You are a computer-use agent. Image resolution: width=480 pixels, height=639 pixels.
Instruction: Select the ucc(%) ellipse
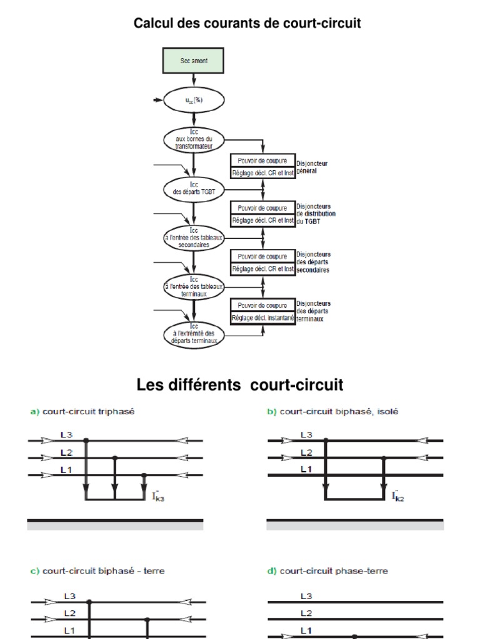click(x=194, y=100)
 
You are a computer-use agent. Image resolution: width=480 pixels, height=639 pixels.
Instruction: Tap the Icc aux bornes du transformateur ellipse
click(x=194, y=139)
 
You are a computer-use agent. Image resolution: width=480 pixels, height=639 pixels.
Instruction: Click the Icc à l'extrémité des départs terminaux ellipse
click(x=194, y=334)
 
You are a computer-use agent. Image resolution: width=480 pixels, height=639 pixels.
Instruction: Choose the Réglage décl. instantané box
click(x=262, y=317)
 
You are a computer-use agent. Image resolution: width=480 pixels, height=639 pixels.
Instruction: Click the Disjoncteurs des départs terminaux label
click(x=314, y=311)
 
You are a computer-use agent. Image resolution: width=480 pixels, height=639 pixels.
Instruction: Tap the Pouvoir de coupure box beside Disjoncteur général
click(x=262, y=160)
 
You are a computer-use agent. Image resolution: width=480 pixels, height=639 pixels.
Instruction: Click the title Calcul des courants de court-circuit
click(x=247, y=24)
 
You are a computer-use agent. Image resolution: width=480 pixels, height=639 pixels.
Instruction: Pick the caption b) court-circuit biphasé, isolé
click(x=332, y=411)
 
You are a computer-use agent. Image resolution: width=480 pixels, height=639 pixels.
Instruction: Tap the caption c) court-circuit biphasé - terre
click(x=97, y=570)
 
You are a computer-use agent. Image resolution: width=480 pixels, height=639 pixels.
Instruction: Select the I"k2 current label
click(x=397, y=497)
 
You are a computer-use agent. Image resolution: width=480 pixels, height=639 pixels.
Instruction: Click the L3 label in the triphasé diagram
click(x=67, y=434)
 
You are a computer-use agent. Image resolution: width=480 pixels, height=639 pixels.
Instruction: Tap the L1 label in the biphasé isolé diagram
click(x=306, y=469)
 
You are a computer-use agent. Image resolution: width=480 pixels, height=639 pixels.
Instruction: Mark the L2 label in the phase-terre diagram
click(x=306, y=613)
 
